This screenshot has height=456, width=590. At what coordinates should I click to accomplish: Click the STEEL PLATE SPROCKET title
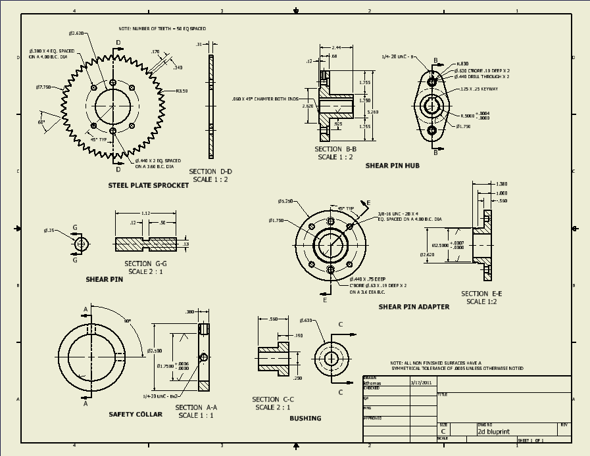(x=148, y=185)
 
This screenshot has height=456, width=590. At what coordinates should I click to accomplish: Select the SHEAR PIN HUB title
(x=392, y=166)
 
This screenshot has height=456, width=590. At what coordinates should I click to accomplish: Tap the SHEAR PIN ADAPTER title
(x=414, y=306)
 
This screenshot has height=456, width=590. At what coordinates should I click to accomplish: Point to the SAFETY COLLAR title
(x=135, y=414)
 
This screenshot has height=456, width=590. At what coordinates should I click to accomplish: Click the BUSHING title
(x=305, y=418)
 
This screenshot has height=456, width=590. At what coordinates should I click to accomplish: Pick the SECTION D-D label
(x=210, y=171)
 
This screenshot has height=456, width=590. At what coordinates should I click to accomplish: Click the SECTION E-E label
(x=481, y=294)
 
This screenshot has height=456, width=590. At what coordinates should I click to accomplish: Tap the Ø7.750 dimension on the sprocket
(x=44, y=87)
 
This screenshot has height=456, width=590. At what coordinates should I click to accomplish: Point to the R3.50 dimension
(x=182, y=91)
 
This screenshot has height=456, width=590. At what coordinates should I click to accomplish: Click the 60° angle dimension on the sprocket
(x=41, y=122)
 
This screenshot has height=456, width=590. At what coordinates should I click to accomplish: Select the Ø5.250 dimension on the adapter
(x=285, y=201)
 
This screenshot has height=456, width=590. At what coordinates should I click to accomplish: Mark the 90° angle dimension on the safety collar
(x=128, y=321)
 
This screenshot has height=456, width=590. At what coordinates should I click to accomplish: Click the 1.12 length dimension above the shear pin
(x=146, y=213)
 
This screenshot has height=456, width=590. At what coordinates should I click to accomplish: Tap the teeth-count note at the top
(x=162, y=30)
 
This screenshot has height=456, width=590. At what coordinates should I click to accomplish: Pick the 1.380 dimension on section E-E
(x=501, y=184)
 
